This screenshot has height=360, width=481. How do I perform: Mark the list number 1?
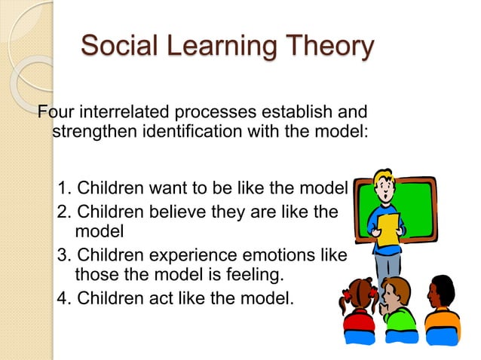coord(64,188)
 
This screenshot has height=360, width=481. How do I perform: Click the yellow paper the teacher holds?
coord(388,230)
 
